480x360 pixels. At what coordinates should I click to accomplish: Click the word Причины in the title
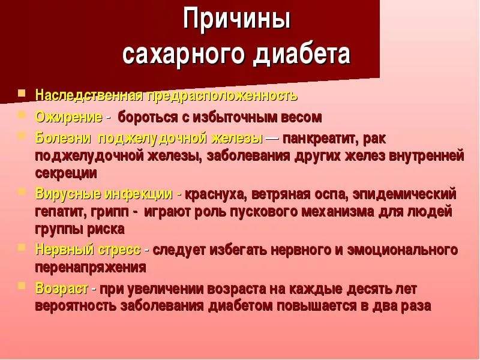[x=237, y=19]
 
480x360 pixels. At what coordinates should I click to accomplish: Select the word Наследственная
[x=88, y=95]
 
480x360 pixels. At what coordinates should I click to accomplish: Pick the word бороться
[x=147, y=116]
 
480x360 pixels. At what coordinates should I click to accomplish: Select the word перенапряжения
[x=90, y=267]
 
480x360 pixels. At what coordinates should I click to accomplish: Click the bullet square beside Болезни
[x=22, y=136]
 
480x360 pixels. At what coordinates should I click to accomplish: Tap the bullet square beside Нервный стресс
[x=22, y=247]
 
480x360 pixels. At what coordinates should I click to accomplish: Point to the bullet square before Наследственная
[x=22, y=94]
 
